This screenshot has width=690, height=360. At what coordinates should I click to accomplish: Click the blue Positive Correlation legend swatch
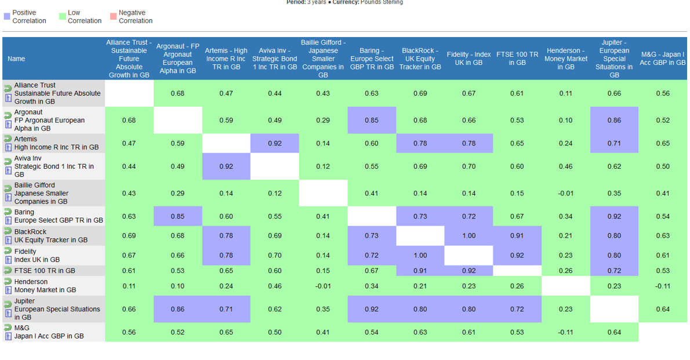click(x=7, y=17)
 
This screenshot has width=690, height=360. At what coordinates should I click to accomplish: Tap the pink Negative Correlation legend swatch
click(x=113, y=17)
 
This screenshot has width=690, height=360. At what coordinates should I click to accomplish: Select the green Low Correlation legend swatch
click(x=62, y=17)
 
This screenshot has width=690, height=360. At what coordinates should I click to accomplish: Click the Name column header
click(x=16, y=59)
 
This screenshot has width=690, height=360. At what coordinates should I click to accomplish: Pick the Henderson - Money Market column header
click(x=566, y=59)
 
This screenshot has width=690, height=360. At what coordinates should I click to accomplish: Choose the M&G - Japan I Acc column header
click(x=663, y=59)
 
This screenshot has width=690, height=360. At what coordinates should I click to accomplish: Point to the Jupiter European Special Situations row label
click(x=57, y=309)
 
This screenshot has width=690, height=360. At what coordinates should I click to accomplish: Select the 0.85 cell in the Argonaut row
click(x=372, y=121)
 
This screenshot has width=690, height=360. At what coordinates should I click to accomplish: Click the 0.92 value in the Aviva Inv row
click(x=226, y=166)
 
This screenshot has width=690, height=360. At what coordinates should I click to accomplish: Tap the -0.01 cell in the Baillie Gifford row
click(x=566, y=193)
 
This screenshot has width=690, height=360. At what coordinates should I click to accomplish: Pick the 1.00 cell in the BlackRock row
click(x=469, y=236)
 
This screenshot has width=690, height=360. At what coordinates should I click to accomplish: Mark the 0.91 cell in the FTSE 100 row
click(x=420, y=271)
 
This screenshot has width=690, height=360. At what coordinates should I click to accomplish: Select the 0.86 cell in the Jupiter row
click(x=178, y=309)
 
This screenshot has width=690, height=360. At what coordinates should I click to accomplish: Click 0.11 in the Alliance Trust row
click(x=566, y=93)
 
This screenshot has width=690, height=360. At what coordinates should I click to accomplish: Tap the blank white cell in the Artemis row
click(x=226, y=143)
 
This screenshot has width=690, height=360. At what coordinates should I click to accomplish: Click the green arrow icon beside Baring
click(x=8, y=212)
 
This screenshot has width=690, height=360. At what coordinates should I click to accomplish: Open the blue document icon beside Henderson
click(x=8, y=290)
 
